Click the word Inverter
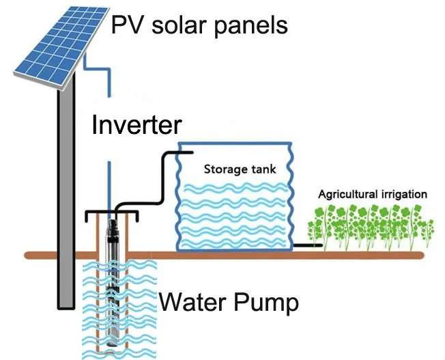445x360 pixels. pos(137,126)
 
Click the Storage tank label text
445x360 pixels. pos(239,168)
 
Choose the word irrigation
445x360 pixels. pos(403,195)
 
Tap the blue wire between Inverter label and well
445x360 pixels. pos(108,184)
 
